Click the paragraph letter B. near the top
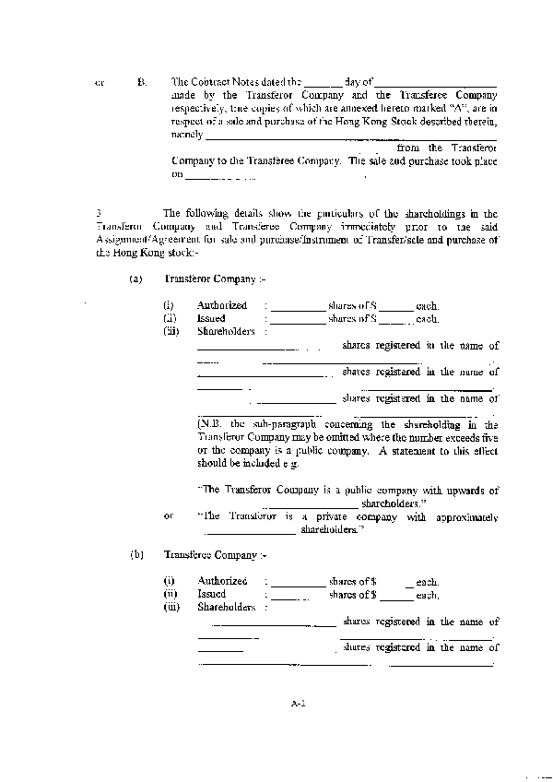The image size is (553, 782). [x=141, y=82]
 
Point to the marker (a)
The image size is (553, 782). [x=135, y=278]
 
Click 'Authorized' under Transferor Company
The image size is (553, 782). [x=222, y=305]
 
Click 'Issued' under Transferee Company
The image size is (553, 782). [x=211, y=595]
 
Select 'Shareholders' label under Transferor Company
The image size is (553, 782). [x=226, y=331]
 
